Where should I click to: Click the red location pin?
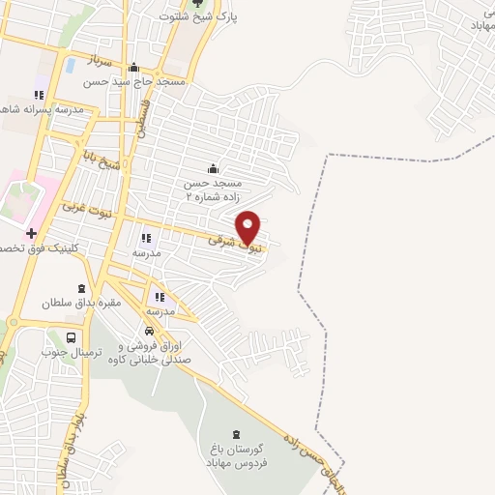point(248,227)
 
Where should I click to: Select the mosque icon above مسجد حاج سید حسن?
point(133,67)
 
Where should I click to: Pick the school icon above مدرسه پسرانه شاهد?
point(39,95)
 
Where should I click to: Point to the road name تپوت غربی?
point(81,209)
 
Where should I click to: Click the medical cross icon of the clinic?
point(31,233)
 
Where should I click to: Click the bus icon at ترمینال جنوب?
point(73,338)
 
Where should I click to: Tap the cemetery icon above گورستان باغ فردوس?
point(238,433)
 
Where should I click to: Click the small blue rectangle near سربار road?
point(71,66)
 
